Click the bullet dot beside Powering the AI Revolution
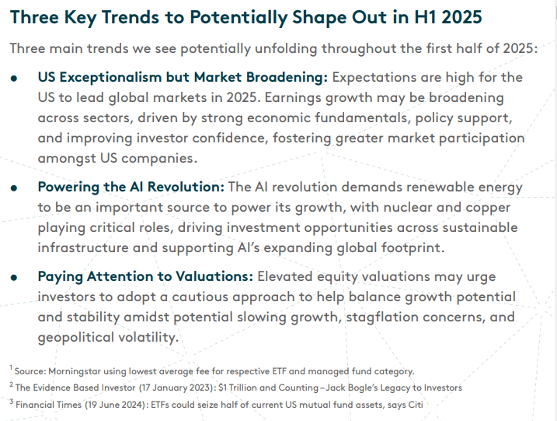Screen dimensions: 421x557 14,188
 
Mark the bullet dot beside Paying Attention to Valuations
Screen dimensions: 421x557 14,277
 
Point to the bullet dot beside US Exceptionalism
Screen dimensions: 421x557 14,79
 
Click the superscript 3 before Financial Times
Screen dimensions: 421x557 11,401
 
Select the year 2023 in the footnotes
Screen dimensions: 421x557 200,387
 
